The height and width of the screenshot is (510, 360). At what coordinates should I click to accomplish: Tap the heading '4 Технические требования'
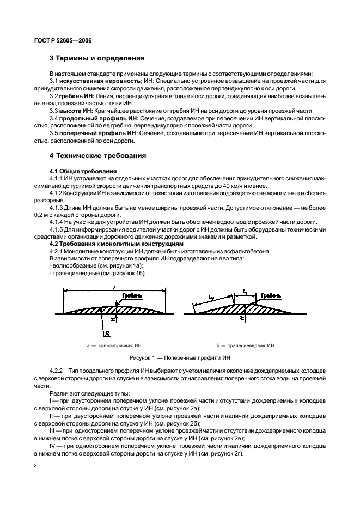(98, 155)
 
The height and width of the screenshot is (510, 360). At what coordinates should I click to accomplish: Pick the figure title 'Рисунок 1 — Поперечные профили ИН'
(180, 358)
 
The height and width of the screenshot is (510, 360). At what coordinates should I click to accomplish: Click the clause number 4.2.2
(57, 369)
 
